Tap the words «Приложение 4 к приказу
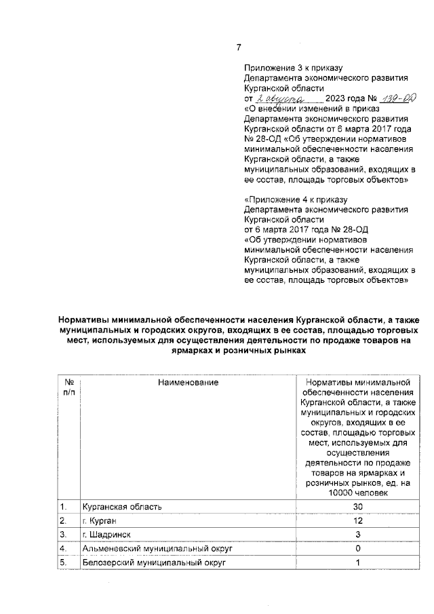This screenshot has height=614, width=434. (295, 200)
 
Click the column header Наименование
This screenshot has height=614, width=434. (188, 383)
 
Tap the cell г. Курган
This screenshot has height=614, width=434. (101, 520)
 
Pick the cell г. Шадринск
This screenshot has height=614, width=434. (106, 535)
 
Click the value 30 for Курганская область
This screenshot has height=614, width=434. (358, 507)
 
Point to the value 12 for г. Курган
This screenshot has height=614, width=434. (358, 520)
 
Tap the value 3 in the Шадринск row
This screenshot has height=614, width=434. (358, 535)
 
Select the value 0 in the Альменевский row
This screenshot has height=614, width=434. (358, 548)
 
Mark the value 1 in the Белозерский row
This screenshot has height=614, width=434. (358, 562)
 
